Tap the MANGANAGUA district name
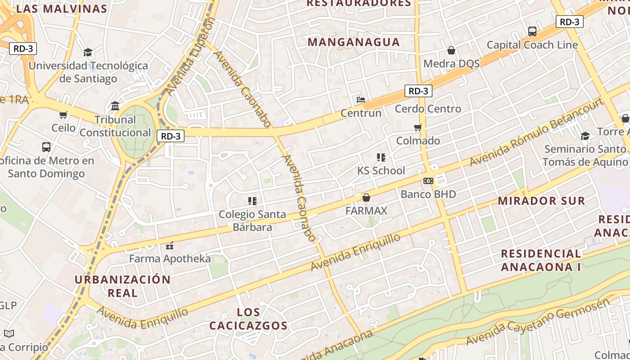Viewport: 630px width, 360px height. tap(354, 42)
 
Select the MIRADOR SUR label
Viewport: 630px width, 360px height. tap(541, 201)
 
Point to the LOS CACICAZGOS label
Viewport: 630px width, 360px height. tap(248, 319)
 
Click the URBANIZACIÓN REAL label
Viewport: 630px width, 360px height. tap(122, 286)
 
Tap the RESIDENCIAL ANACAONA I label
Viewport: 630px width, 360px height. tap(541, 260)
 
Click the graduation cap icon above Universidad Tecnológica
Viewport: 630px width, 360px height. tap(88, 53)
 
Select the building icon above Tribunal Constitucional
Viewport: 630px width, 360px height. tap(115, 106)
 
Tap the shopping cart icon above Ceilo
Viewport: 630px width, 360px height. tap(63, 115)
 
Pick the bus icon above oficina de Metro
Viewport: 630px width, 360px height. tap(46, 147)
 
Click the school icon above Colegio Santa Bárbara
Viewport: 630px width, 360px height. tap(252, 201)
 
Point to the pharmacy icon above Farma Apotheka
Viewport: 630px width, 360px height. tap(170, 245)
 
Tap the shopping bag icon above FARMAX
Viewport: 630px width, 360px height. tap(366, 198)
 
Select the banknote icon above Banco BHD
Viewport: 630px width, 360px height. tap(428, 181)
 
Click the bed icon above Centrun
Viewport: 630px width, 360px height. tap(360, 99)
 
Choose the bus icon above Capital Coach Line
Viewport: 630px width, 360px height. tap(532, 31)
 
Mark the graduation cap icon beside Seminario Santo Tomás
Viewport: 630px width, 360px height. tap(585, 136)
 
